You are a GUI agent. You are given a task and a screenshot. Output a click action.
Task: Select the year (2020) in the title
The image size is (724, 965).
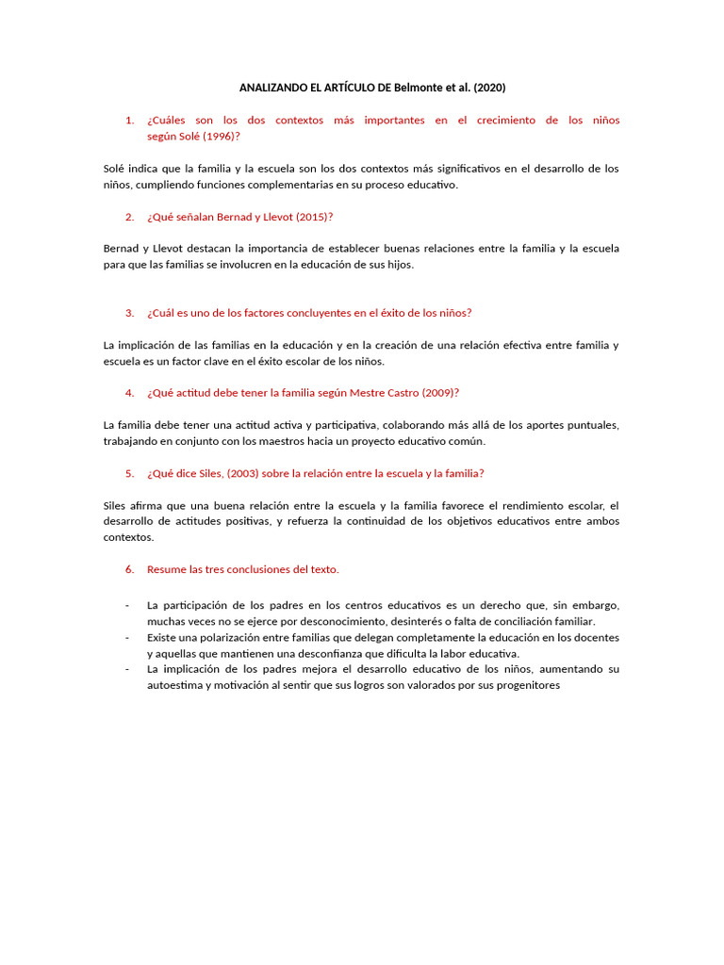coord(489,88)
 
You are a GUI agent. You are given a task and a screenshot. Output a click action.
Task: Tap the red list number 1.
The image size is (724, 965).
coord(128,121)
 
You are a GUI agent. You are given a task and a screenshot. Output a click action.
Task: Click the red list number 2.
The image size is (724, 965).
coord(128,217)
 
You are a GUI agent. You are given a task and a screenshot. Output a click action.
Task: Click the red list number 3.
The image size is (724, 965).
coord(128,313)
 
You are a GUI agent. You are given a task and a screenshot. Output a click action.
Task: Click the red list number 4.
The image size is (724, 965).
coord(128,393)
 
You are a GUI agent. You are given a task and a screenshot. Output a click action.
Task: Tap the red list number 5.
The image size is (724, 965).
coord(128,473)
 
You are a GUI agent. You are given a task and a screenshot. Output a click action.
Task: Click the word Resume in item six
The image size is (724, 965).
coord(166,569)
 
